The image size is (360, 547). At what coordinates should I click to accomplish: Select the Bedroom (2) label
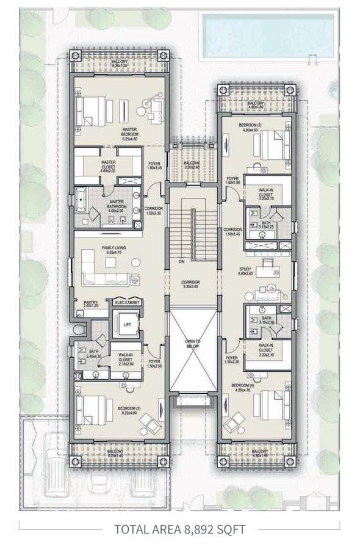tap(251, 126)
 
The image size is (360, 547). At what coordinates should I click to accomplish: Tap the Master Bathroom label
tap(117, 203)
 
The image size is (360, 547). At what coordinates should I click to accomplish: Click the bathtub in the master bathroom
tap(82, 200)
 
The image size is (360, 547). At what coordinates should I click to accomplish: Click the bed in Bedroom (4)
tap(269, 404)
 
